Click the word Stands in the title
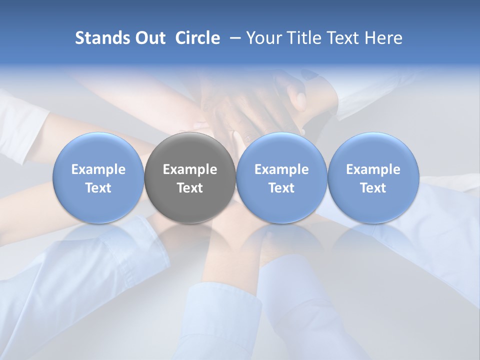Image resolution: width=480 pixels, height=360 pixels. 101,38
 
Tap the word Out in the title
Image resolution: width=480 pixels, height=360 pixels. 149,38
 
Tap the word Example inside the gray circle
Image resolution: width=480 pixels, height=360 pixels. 190,169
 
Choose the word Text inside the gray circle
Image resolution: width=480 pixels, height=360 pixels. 190,188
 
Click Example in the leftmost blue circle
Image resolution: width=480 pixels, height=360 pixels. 98,169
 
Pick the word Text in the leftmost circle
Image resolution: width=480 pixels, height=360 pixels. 98,188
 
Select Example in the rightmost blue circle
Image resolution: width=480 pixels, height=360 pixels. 373,169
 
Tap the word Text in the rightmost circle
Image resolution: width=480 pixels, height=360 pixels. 373,188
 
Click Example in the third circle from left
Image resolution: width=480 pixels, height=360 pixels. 281,169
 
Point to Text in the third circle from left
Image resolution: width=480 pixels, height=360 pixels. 281,188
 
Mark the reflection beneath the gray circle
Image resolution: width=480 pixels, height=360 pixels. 190,240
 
